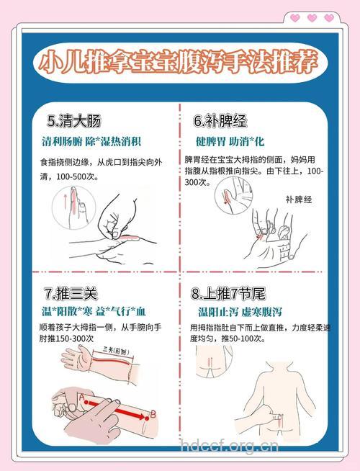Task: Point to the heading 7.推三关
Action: [71, 294]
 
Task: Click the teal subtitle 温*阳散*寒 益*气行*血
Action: [94, 311]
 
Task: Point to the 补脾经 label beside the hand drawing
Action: [299, 199]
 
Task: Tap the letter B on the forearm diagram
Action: [153, 413]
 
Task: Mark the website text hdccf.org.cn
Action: [228, 446]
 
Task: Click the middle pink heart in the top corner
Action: [311, 17]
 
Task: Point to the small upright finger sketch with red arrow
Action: [68, 204]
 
